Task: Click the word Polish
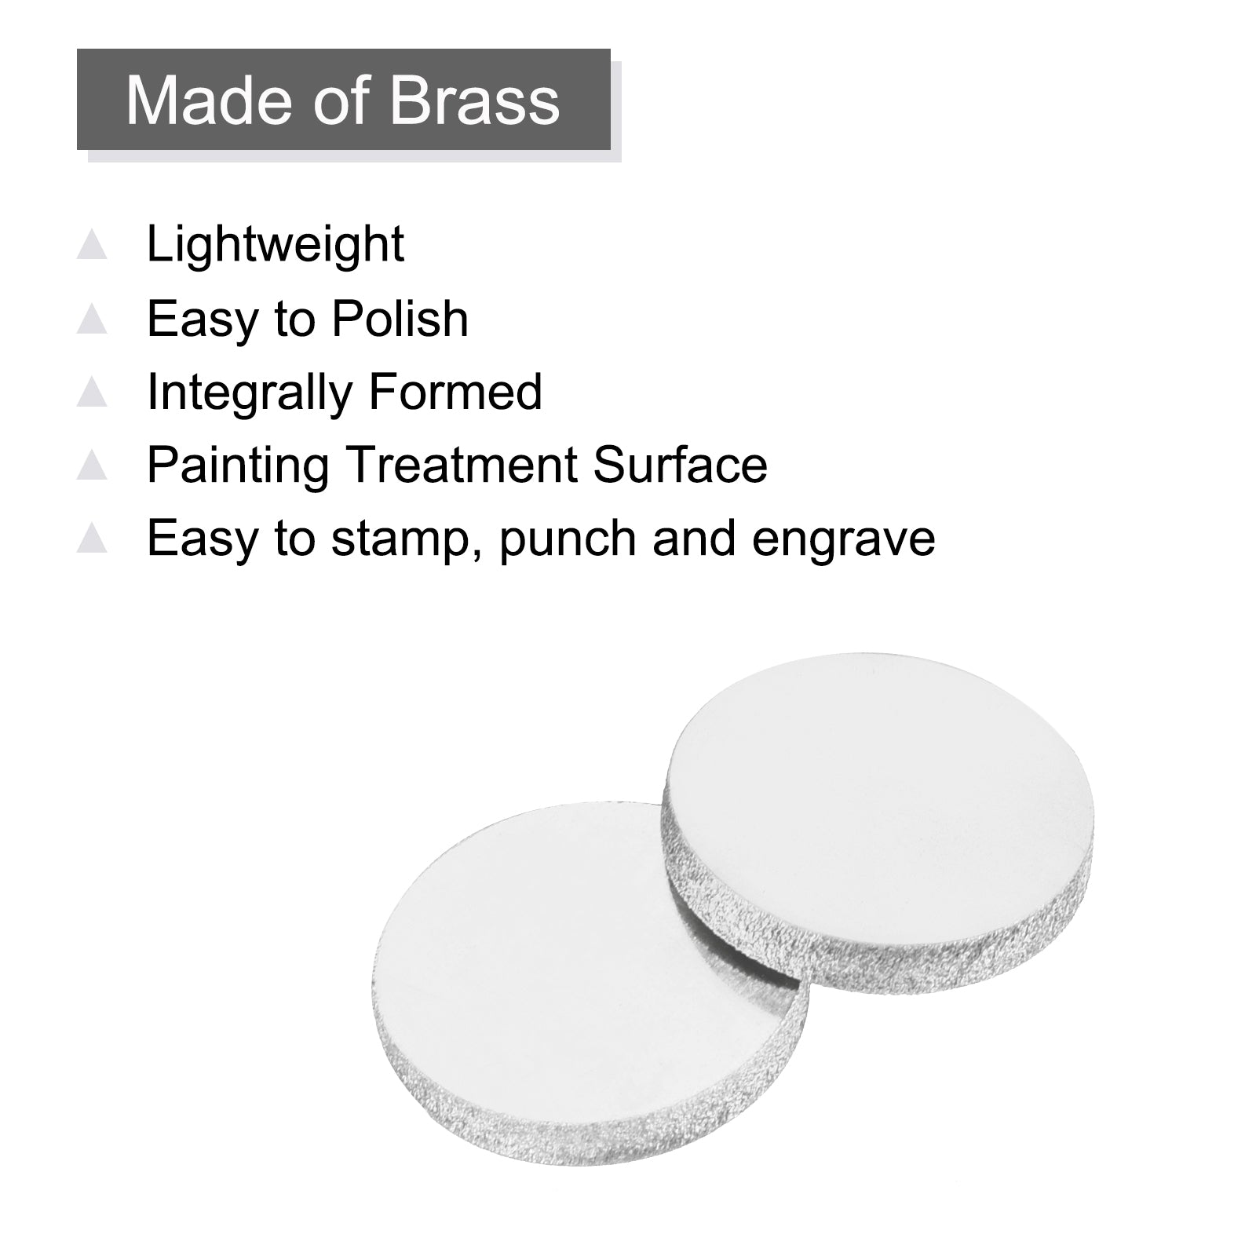pyautogui.click(x=400, y=318)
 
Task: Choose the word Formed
pyautogui.click(x=455, y=392)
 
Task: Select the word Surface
pyautogui.click(x=680, y=464)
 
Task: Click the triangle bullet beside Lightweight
pyautogui.click(x=92, y=244)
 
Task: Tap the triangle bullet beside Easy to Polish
pyautogui.click(x=92, y=318)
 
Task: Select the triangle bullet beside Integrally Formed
pyautogui.click(x=92, y=392)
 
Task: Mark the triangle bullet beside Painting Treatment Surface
pyautogui.click(x=92, y=465)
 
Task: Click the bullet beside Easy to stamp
pyautogui.click(x=92, y=539)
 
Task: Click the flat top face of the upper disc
pyautogui.click(x=879, y=793)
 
